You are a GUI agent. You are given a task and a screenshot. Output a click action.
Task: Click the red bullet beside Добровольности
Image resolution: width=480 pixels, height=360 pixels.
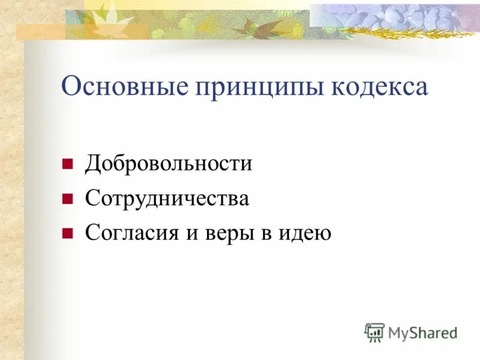pyautogui.click(x=68, y=164)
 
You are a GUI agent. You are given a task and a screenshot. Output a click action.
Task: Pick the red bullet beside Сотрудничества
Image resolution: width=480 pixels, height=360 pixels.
pyautogui.click(x=68, y=198)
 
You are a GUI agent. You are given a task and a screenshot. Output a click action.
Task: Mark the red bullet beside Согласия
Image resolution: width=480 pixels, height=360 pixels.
pyautogui.click(x=68, y=233)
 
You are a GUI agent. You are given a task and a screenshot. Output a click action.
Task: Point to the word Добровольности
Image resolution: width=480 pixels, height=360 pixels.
pyautogui.click(x=168, y=163)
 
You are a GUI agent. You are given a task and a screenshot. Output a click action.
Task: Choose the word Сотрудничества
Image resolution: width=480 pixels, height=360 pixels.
pyautogui.click(x=167, y=198)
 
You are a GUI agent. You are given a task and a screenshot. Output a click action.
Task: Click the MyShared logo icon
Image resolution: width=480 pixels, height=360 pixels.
pyautogui.click(x=374, y=332)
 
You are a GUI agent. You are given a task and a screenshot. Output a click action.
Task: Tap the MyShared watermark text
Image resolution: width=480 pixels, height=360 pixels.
pyautogui.click(x=422, y=332)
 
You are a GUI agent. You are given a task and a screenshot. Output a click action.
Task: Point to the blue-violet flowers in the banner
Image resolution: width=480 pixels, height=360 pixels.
pyautogui.click(x=390, y=15)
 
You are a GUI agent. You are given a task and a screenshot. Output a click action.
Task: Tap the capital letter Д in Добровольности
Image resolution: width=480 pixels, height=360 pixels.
pyautogui.click(x=92, y=164)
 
